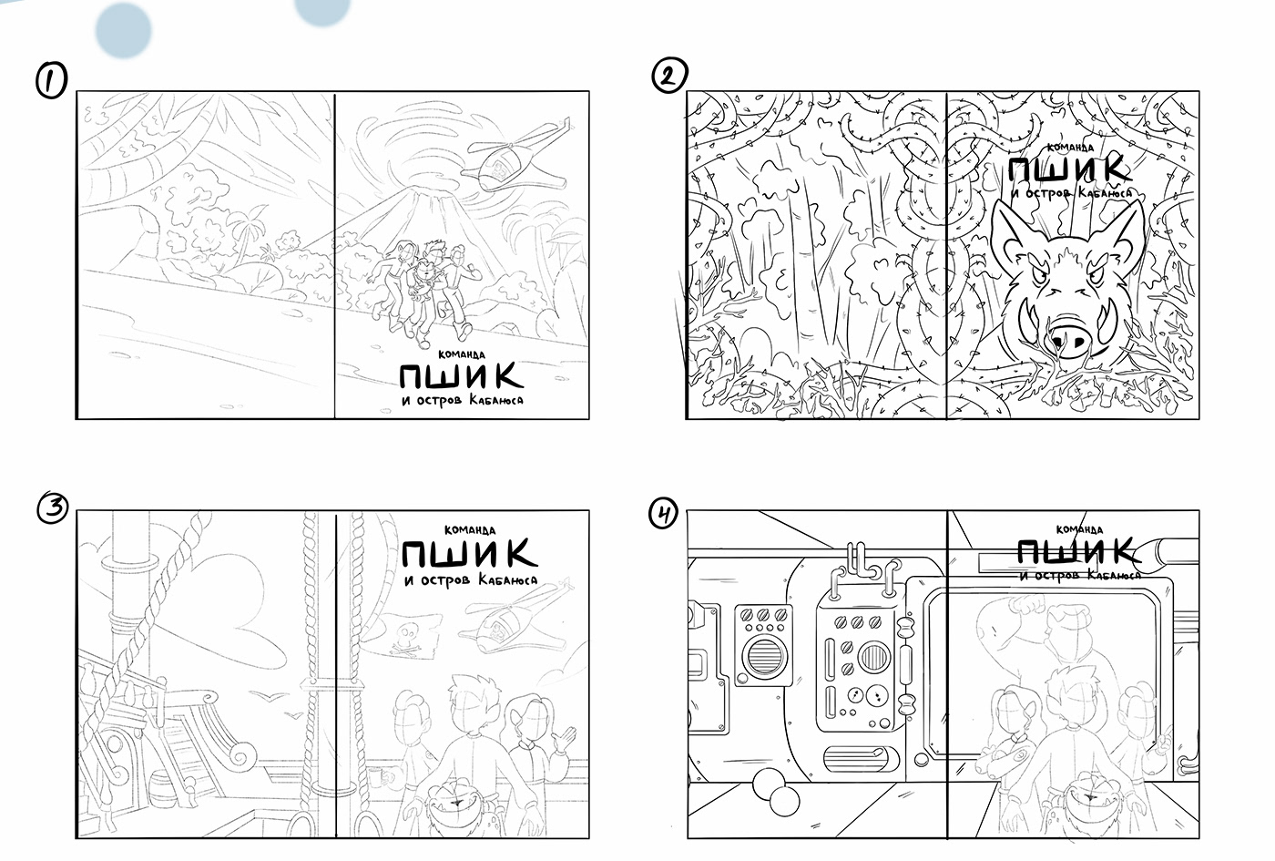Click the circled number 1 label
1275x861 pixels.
[51, 80]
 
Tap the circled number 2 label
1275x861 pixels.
[668, 75]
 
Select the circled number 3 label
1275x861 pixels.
[53, 508]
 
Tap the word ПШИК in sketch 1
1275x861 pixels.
[461, 375]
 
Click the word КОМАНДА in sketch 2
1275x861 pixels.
[1071, 148]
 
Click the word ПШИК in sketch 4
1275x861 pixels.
[1076, 551]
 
